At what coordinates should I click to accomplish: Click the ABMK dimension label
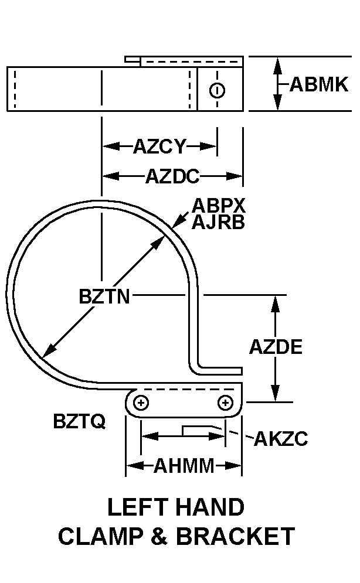[x=319, y=84]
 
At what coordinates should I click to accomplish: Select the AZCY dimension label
[x=159, y=146]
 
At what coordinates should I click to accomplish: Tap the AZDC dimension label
[x=172, y=176]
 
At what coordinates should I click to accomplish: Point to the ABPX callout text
[x=219, y=205]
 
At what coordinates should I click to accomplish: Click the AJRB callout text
[x=218, y=222]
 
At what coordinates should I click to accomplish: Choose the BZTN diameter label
[x=104, y=296]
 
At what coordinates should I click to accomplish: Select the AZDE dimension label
[x=276, y=347]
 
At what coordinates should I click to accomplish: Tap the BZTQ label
[x=80, y=421]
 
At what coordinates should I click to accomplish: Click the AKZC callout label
[x=281, y=439]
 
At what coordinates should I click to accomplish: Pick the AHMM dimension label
[x=184, y=465]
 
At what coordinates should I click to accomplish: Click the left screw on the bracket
[x=141, y=403]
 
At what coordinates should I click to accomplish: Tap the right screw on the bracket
[x=225, y=403]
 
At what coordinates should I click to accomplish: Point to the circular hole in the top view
[x=217, y=90]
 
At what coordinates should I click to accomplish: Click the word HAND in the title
[x=210, y=507]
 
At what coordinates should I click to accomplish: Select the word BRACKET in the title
[x=236, y=536]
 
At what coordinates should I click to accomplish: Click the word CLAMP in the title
[x=101, y=536]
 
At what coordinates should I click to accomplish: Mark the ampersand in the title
[x=160, y=536]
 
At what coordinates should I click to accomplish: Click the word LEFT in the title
[x=137, y=507]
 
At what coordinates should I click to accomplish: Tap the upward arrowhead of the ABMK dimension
[x=277, y=66]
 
